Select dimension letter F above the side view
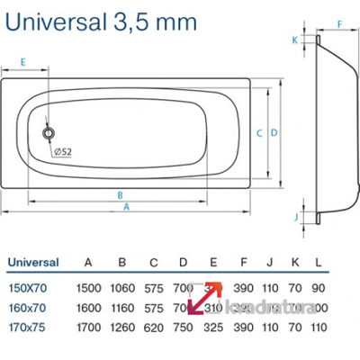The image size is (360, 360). pyautogui.click(x=341, y=24)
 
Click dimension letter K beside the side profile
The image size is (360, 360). pyautogui.click(x=294, y=40)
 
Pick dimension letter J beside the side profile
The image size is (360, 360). pyautogui.click(x=297, y=218)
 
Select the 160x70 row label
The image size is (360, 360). pyautogui.click(x=26, y=308)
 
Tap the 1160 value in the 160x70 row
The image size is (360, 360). pyautogui.click(x=122, y=308)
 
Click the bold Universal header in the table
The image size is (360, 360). pyautogui.click(x=33, y=263)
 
